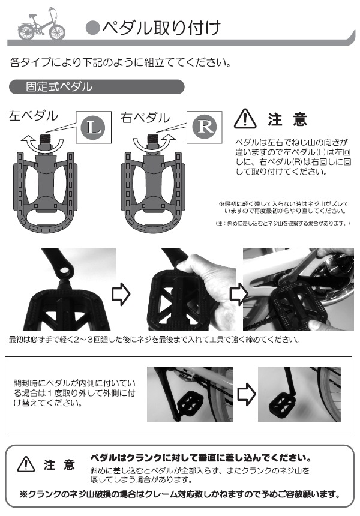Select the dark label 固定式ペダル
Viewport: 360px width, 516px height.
59,86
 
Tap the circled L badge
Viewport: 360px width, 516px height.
94,127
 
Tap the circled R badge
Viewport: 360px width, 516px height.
205,127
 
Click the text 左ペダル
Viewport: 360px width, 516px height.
34,116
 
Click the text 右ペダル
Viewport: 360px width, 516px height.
145,117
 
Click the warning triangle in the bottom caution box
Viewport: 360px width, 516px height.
27,464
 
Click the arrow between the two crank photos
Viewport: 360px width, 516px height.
245,394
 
